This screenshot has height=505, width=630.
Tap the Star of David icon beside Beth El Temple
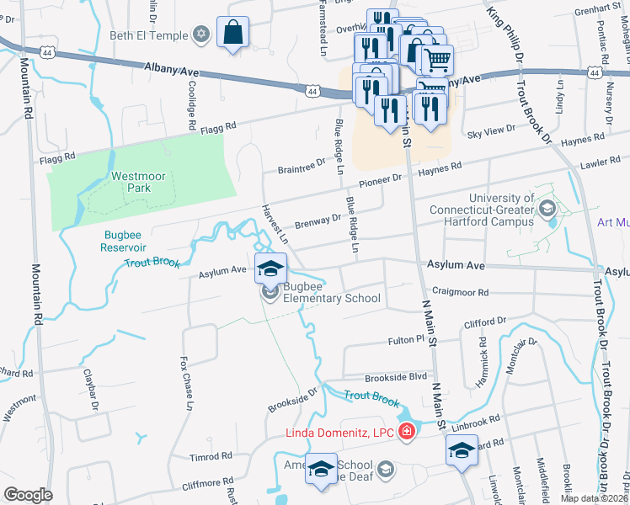200,35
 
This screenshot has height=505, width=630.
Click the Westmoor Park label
131,183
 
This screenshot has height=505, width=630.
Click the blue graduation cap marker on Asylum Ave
270,269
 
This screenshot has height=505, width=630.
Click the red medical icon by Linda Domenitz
407,432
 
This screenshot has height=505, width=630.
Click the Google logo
28,495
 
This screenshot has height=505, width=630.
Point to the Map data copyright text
593,498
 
